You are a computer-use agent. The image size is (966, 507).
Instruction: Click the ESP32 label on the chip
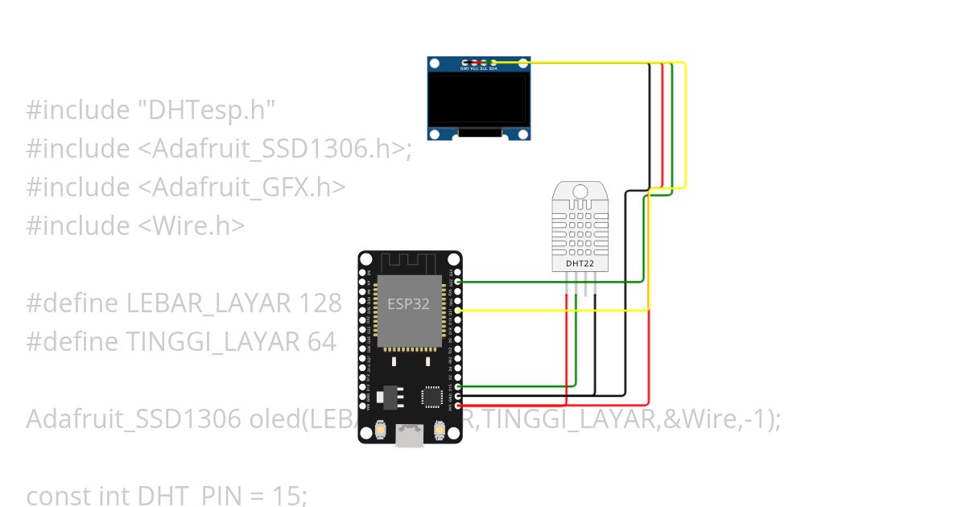409,304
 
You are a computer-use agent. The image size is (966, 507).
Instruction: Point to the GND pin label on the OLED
464,69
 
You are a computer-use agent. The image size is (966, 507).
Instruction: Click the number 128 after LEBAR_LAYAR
320,303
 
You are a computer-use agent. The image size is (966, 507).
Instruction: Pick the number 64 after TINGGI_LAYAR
321,342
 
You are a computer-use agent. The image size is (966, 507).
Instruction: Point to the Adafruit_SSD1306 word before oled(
134,419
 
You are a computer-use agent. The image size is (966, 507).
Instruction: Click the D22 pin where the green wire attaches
458,282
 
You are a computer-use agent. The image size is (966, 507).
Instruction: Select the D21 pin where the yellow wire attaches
458,310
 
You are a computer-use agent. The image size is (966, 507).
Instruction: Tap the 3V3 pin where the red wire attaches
458,405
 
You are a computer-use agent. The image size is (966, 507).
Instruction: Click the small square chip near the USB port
433,396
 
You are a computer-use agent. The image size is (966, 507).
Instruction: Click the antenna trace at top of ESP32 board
409,263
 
